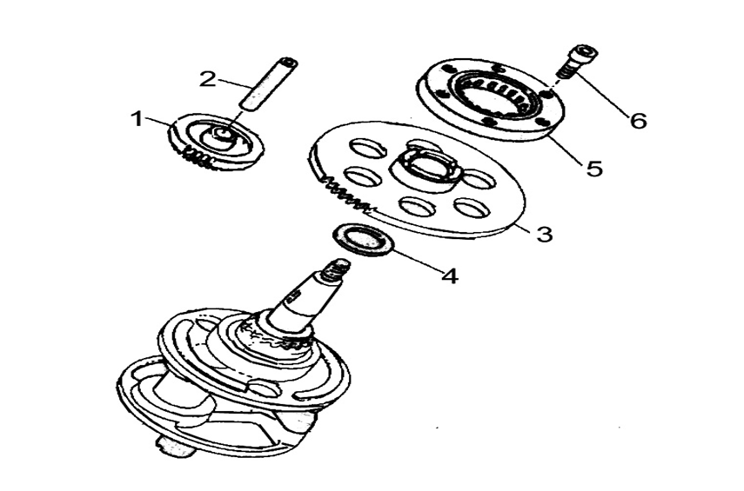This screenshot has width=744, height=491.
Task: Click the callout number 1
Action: click(137, 118)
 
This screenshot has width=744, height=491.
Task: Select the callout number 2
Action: click(207, 79)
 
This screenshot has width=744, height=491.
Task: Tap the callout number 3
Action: click(544, 234)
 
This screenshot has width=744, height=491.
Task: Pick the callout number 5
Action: click(594, 168)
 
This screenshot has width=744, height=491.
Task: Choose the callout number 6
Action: click(638, 121)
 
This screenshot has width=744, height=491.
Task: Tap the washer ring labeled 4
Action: click(363, 241)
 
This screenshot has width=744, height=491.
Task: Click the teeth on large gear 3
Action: click(345, 194)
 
